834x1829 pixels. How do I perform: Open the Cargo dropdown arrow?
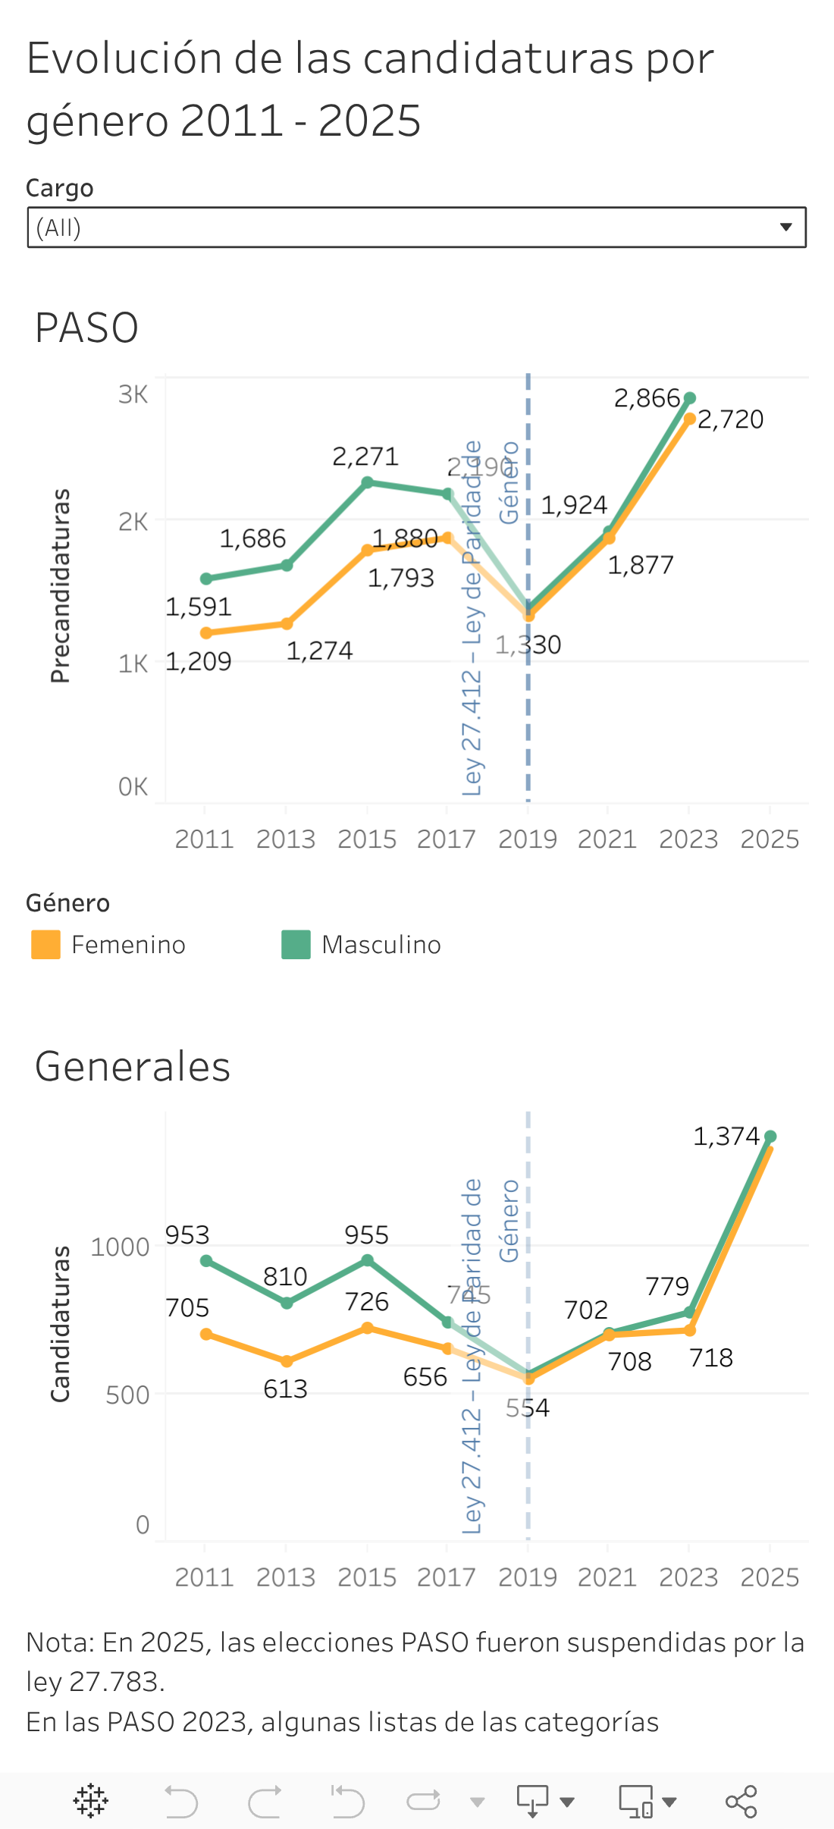coord(785,227)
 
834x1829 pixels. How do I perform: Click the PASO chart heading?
coord(86,328)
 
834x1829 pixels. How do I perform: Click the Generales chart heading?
coord(133,1067)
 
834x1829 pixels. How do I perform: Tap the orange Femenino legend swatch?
coord(45,945)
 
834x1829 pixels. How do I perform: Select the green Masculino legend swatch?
coord(296,945)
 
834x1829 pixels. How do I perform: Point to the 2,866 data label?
coord(646,398)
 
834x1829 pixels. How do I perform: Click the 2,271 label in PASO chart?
coord(365,456)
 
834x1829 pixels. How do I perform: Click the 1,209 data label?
coord(198,661)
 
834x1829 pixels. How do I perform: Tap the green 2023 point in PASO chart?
coord(690,398)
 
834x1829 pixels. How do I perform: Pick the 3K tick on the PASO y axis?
coord(133,395)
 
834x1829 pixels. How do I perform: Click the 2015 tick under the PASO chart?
coord(367,839)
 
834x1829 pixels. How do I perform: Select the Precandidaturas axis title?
coord(61,585)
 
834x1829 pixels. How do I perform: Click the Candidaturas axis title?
coord(61,1323)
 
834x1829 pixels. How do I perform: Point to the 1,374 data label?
coord(726,1136)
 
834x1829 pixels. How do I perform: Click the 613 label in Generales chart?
coord(285,1388)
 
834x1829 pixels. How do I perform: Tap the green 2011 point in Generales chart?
coord(206,1261)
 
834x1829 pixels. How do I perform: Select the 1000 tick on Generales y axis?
coord(120,1247)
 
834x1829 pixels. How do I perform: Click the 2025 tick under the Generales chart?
coord(770,1577)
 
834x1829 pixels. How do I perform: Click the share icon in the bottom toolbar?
coord(741,1802)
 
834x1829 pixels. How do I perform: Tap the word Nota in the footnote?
coord(58,1642)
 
